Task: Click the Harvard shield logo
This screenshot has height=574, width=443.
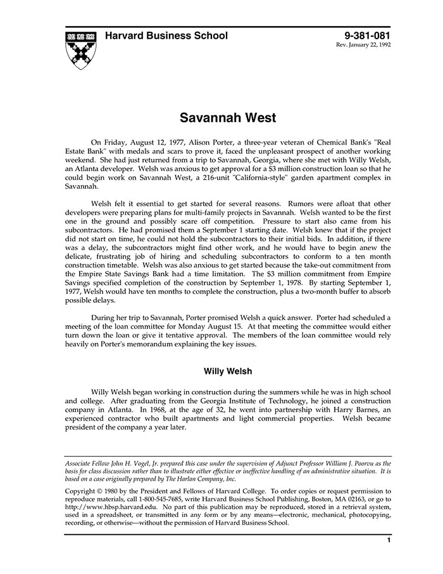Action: tap(80, 49)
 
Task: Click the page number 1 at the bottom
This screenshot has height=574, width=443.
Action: tap(389, 540)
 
